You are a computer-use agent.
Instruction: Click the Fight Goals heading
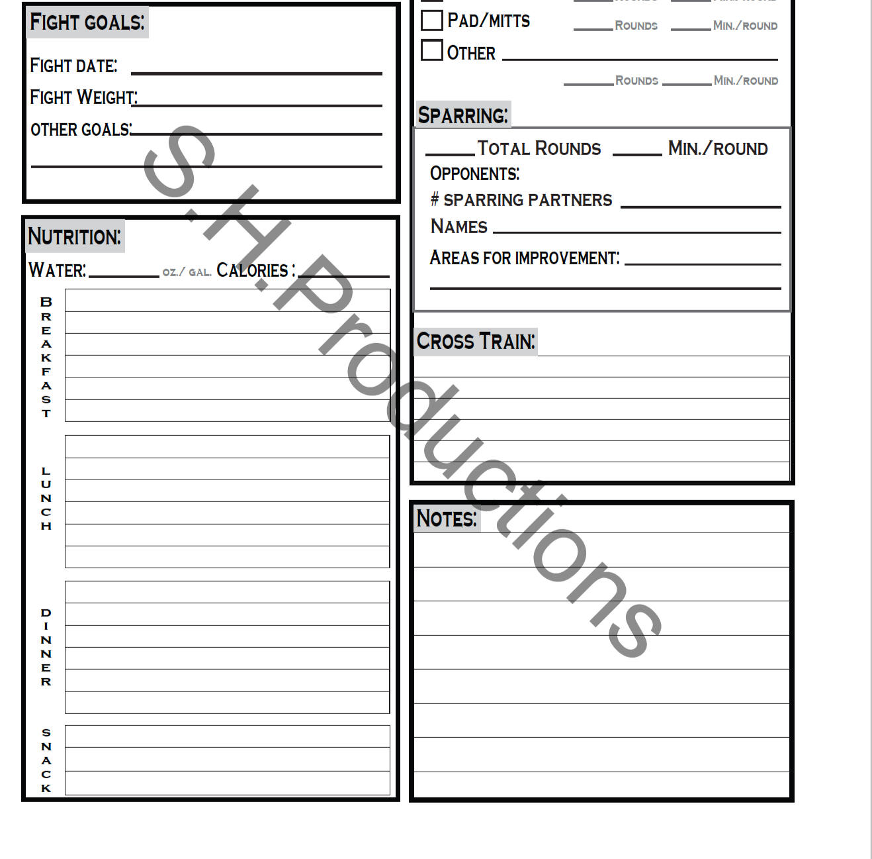87,23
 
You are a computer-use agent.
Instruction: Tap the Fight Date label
73,66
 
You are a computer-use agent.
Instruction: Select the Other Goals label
81,130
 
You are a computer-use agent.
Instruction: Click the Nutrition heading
75,236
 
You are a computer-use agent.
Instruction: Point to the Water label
58,270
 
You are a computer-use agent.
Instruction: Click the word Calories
253,270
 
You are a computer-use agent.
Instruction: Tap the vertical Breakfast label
46,358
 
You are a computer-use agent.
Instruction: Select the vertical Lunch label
46,499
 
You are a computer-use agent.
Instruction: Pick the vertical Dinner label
46,647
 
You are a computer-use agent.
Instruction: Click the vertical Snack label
46,760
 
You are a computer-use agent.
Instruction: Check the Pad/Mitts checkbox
432,21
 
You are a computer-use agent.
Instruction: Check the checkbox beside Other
432,50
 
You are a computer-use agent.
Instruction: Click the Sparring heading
462,115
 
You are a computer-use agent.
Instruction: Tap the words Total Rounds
539,148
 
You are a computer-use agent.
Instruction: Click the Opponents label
474,174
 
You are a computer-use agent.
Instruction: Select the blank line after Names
636,231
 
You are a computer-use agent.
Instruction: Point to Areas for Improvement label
525,258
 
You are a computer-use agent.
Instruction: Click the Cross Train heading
475,342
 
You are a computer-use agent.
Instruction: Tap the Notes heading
446,518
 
